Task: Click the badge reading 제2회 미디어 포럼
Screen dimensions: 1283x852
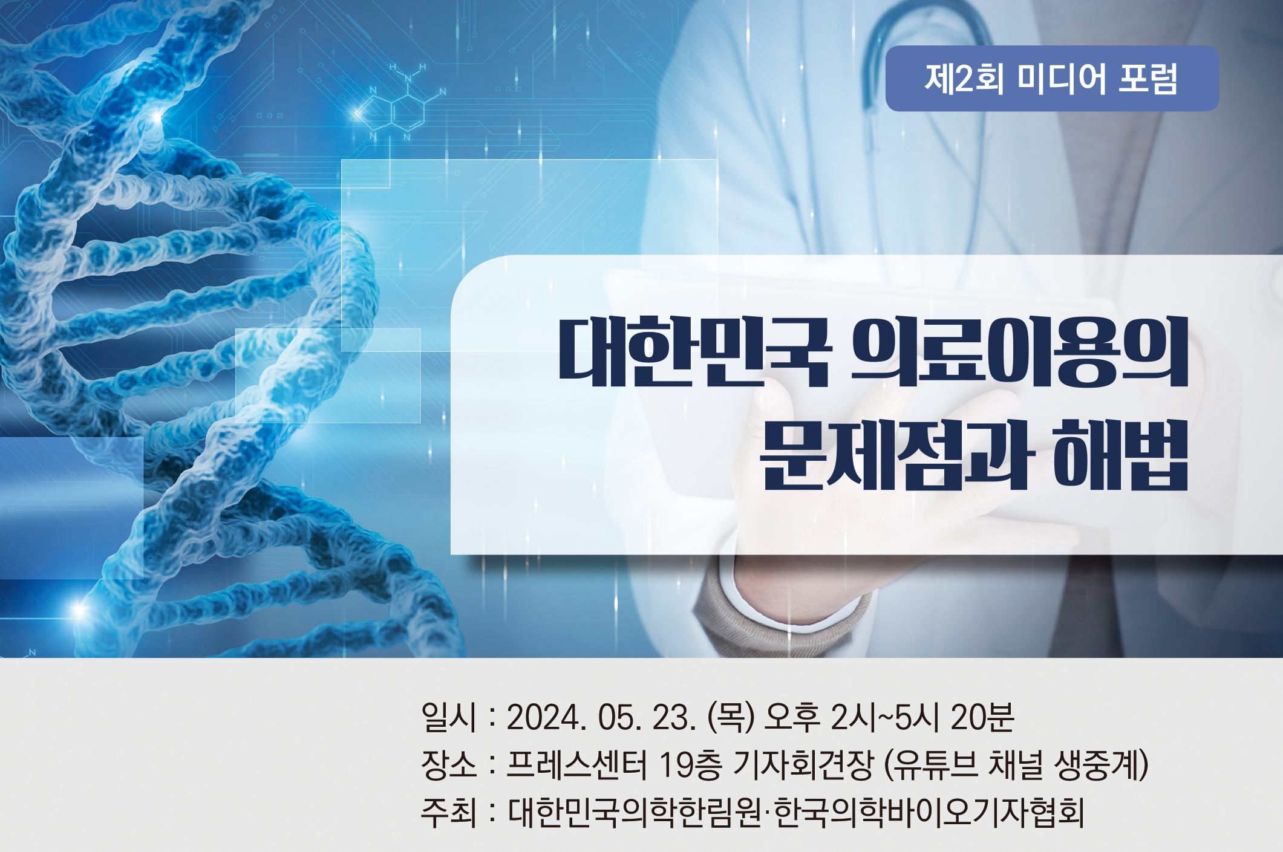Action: [1052, 79]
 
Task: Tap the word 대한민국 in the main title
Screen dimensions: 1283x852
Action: [694, 351]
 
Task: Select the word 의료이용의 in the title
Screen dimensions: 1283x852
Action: [1019, 351]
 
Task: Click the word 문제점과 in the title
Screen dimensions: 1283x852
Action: [893, 454]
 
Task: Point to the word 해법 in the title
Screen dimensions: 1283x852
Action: [1121, 454]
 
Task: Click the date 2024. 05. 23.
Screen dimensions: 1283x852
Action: [601, 718]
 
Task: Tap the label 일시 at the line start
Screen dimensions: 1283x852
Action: [449, 717]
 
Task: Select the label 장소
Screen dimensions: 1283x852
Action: [449, 764]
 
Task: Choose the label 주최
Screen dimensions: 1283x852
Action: [449, 812]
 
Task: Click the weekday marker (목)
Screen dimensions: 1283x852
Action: [731, 718]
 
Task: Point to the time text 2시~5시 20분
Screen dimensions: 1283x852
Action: [922, 718]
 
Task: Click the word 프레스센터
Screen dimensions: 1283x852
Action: [576, 765]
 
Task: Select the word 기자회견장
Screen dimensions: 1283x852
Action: [803, 765]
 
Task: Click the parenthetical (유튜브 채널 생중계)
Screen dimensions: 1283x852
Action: [1016, 765]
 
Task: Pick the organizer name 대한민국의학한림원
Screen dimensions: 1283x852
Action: [635, 812]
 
